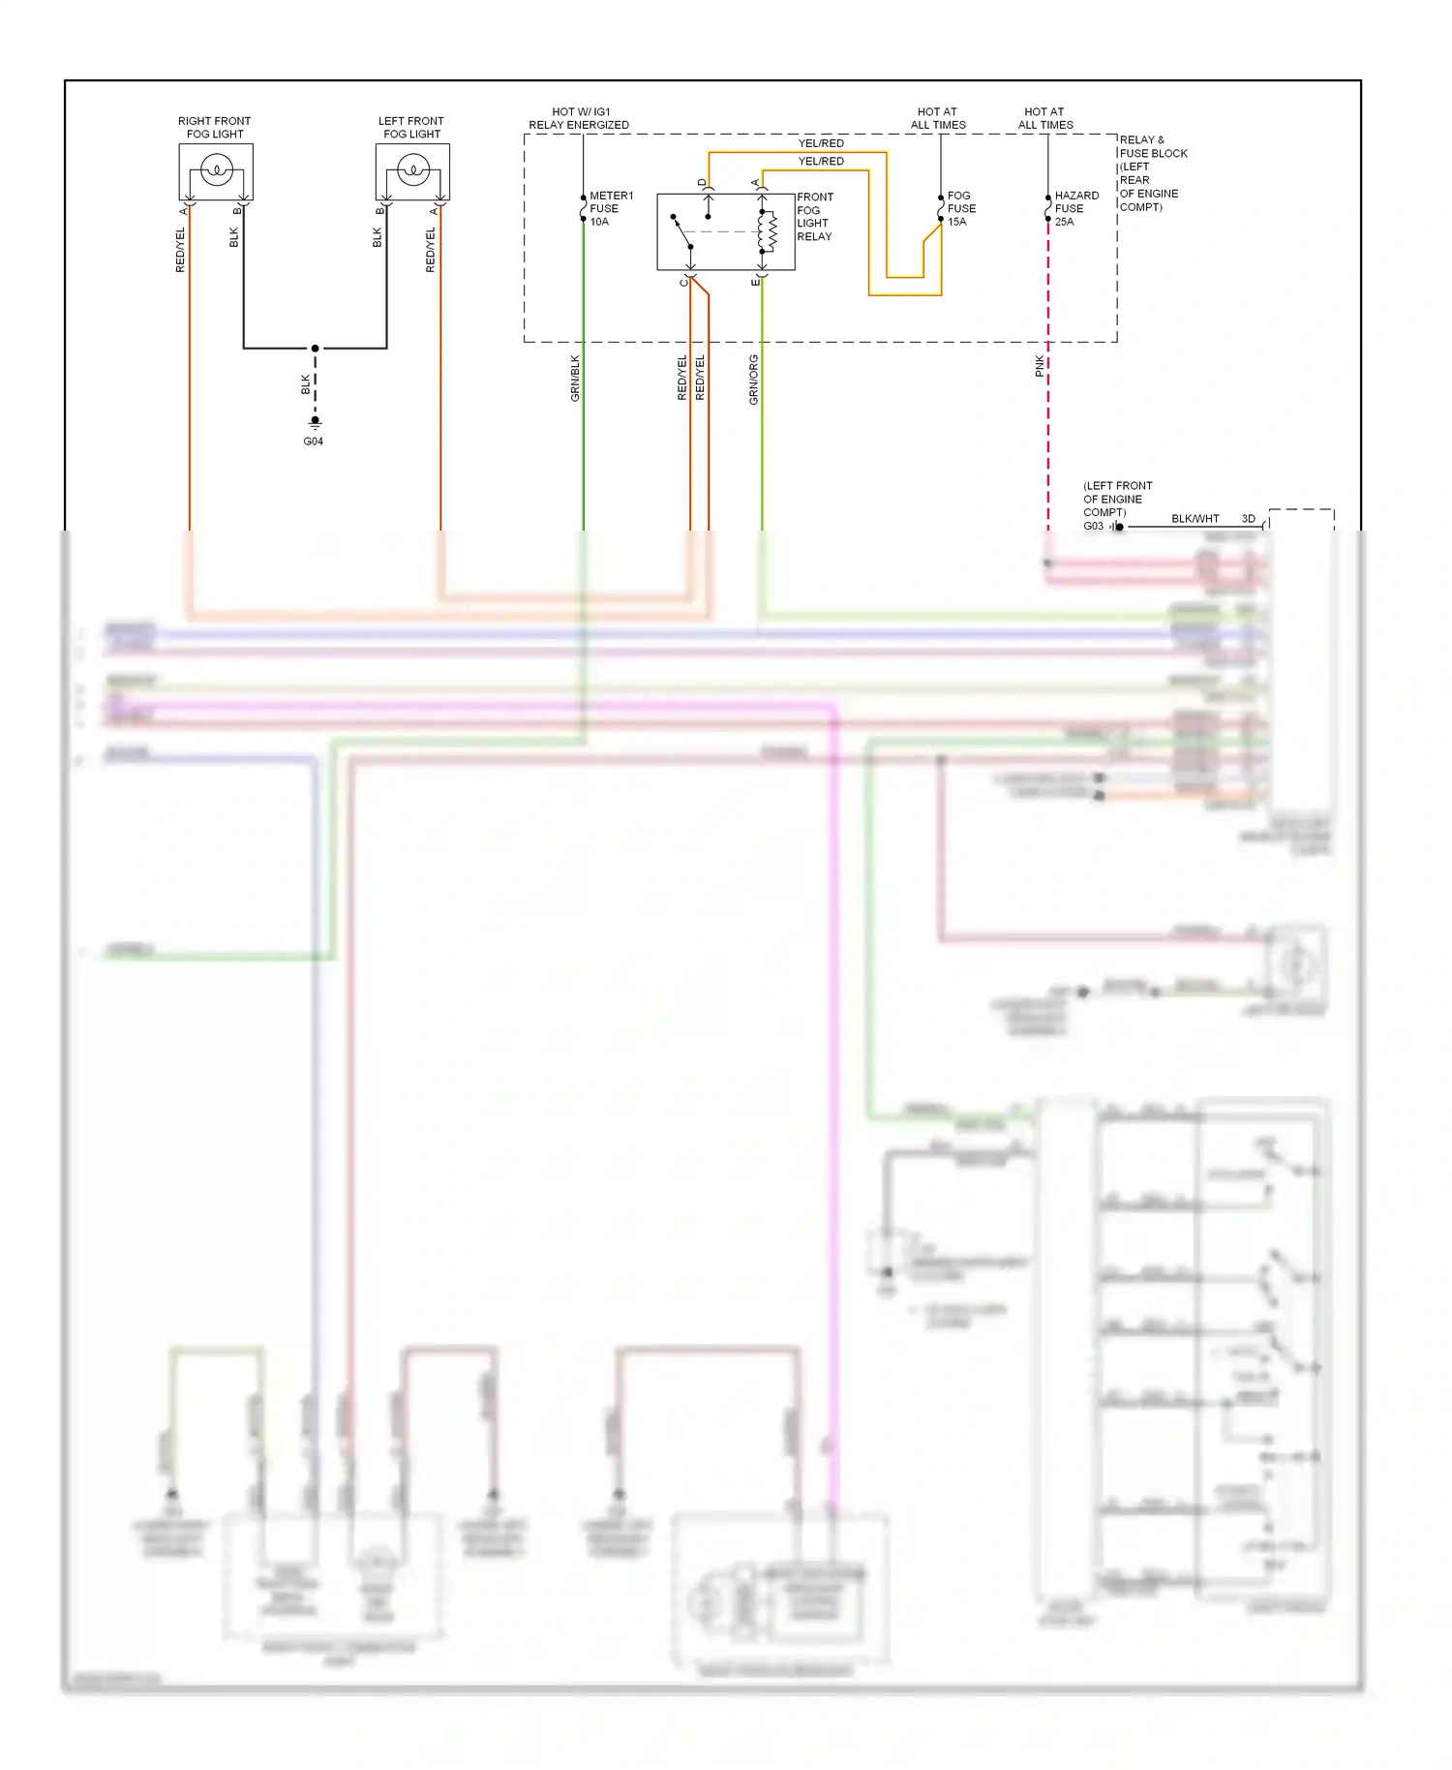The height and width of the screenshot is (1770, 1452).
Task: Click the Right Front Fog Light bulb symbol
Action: tap(216, 172)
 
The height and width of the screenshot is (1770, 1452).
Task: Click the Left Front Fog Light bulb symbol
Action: tap(413, 172)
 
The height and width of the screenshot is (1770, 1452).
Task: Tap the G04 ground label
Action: tap(314, 442)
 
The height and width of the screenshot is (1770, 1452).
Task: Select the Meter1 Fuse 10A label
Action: tap(610, 208)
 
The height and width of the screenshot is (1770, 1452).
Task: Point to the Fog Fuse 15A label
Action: tap(960, 208)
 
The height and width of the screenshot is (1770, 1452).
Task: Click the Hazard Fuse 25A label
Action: tap(1075, 208)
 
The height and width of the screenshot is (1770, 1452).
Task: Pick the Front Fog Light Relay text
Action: tap(814, 217)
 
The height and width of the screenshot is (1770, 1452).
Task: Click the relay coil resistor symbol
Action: tap(772, 231)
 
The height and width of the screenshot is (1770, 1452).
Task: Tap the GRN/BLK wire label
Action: tap(575, 378)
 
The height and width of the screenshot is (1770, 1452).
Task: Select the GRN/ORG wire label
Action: tap(753, 380)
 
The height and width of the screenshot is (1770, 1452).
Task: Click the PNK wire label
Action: tap(1040, 365)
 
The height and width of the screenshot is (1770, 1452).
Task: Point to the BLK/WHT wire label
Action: tap(1195, 519)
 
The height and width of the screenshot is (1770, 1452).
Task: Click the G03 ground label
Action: tap(1093, 527)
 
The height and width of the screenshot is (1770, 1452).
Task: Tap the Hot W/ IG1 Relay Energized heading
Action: tap(579, 118)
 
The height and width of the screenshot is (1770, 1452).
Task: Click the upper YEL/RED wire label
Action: tap(821, 143)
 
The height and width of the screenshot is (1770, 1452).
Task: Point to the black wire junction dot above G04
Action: tap(315, 349)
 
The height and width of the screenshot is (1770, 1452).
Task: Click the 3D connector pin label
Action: tap(1249, 519)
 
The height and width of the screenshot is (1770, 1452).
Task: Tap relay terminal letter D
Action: tap(702, 182)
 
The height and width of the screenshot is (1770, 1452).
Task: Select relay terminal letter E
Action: tap(755, 282)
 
